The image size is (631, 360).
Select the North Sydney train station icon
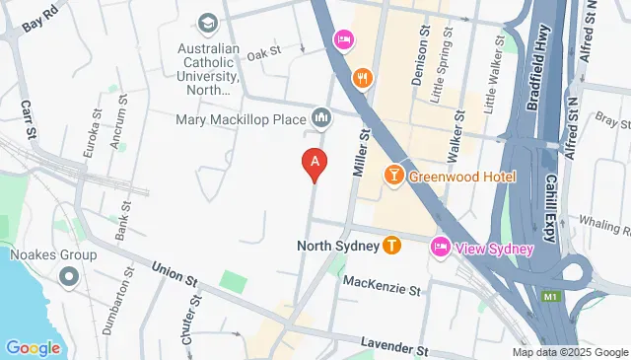pos(392,245)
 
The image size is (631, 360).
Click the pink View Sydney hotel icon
pos(440,249)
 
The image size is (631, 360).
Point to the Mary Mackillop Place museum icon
pos(321,119)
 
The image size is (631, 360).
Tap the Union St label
pos(173,272)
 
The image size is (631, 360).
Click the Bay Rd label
pos(35,19)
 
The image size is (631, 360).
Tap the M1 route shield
pos(549,296)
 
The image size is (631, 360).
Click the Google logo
pos(33,347)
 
